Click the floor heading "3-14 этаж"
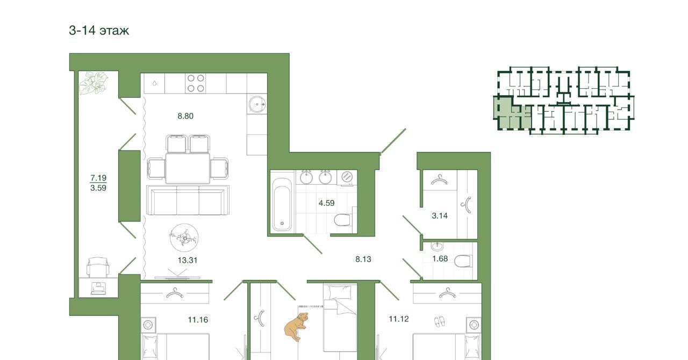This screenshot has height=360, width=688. pos(99,31)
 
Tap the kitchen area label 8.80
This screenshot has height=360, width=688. pos(185,116)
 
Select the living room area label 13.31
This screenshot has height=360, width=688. pos(188,260)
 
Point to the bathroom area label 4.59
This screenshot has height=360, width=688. pos(326,203)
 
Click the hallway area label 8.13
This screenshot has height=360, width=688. pos(363,259)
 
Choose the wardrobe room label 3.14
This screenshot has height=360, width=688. pos(440,215)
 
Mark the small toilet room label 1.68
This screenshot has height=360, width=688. pos(440,258)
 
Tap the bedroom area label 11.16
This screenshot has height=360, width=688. pos(198,320)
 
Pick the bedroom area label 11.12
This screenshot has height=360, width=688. pos(399,319)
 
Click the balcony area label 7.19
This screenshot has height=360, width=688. pos(98,177)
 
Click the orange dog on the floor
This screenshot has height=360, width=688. pos(296,327)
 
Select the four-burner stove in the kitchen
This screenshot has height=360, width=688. pos(196,83)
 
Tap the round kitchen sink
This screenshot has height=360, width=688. pos(257,104)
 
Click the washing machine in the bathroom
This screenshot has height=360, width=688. pos(347,177)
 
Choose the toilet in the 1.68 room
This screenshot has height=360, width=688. pos(463,261)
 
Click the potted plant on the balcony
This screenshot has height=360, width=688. pos(94,83)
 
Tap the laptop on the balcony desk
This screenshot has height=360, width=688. pos(98,288)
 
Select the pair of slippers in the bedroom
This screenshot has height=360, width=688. pos(440,322)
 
